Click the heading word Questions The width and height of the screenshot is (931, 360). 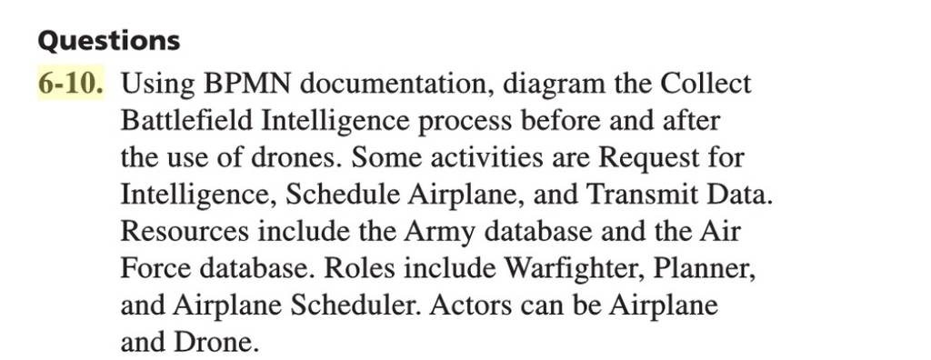(109, 41)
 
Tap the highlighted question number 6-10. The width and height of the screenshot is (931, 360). (70, 84)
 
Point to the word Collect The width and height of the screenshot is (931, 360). (706, 84)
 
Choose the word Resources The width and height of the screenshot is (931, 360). (185, 232)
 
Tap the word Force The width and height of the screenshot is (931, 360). (155, 268)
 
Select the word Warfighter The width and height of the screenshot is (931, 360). (575, 270)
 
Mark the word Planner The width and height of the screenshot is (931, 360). (705, 270)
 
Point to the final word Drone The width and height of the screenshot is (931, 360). (216, 342)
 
